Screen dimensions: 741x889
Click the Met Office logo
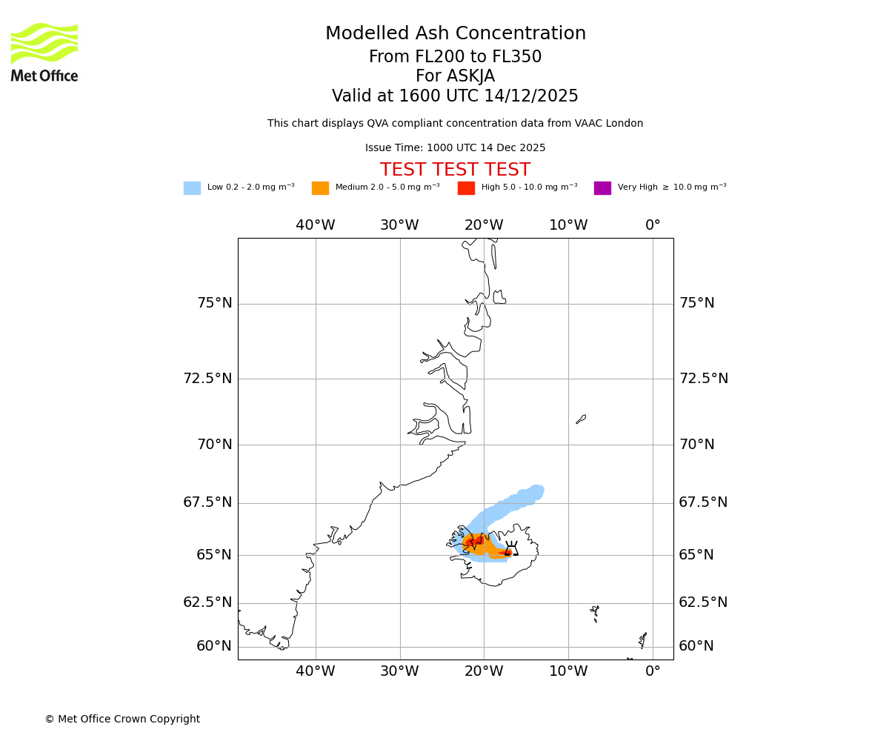coord(44,52)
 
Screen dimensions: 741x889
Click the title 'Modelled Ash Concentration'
coord(456,34)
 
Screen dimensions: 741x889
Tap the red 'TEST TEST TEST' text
coord(455,170)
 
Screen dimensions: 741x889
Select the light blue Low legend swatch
coord(192,188)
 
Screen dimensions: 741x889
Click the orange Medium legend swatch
coord(320,188)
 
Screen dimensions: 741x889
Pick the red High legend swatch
coord(466,188)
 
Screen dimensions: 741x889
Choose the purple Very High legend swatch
coord(602,188)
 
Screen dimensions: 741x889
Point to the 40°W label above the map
coord(316,225)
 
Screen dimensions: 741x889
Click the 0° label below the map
coord(653,671)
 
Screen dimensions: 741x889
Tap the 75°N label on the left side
coord(215,303)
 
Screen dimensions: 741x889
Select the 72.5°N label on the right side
coord(704,379)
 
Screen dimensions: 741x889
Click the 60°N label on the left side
coord(214,646)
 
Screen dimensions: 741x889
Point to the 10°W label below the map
coord(568,671)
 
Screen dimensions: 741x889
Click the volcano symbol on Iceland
coord(511,549)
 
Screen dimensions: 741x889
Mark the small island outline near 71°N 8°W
coord(581,419)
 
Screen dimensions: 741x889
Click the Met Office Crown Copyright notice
coord(122,719)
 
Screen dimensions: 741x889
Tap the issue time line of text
coord(455,148)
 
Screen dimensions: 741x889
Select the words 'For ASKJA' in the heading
coord(455,76)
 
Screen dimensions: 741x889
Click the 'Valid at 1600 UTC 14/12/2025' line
coord(455,96)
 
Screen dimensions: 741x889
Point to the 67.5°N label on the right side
coord(704,502)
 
